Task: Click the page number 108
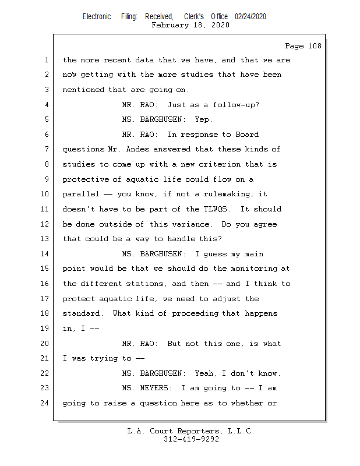315,46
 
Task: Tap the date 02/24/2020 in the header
250,17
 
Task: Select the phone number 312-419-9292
191,439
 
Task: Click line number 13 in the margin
44,239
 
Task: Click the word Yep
203,119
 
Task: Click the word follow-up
236,105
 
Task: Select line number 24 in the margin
44,403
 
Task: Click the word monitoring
254,269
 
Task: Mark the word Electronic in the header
97,17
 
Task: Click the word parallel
81,194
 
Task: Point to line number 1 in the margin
47,60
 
